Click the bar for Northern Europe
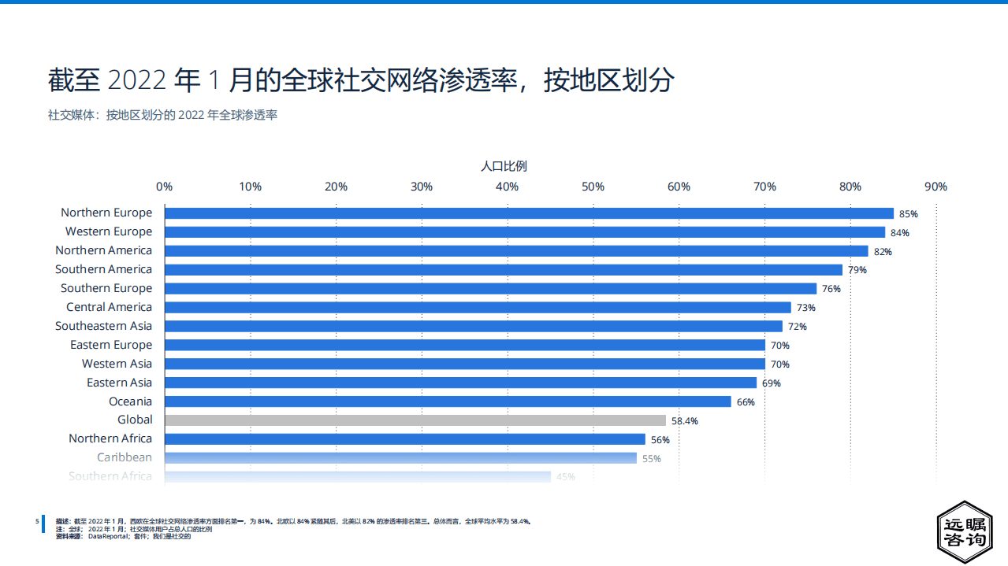click(x=529, y=213)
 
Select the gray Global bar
click(x=415, y=420)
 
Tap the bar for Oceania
click(x=448, y=401)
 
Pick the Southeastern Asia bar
click(x=473, y=326)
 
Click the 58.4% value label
click(x=684, y=421)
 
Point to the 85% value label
click(x=909, y=214)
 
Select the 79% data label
click(x=857, y=270)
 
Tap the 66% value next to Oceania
click(x=746, y=402)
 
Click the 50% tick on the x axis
click(x=593, y=187)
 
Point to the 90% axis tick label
click(x=935, y=187)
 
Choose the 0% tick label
click(x=164, y=187)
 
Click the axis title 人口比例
click(x=504, y=166)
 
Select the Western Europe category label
click(x=109, y=231)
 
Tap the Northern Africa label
click(x=110, y=438)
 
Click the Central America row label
click(x=109, y=307)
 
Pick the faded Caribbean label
click(x=125, y=457)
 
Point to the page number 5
click(x=37, y=521)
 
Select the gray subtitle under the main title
click(x=162, y=115)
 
